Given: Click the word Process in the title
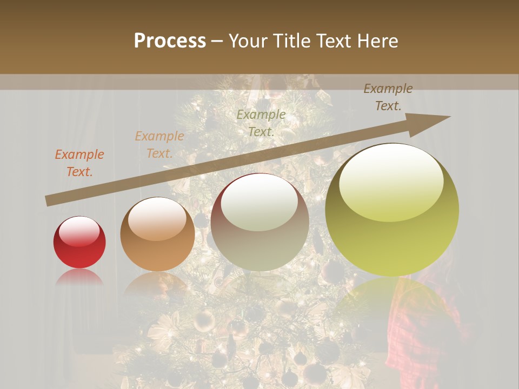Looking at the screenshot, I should pos(170,41).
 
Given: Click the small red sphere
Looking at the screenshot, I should pos(79,243).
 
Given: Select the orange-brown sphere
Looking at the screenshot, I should pos(157,234).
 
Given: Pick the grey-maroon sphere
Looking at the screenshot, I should pos(259,222).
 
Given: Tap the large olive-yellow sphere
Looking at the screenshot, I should pos(392,210).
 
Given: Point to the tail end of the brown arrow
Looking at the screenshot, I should pos(48,200).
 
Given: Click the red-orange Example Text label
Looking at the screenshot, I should pos(79,163).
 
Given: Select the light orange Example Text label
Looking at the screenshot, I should pos(159,145).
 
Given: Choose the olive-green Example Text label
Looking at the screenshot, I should pos(261,123).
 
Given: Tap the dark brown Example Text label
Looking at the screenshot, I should pos(388,97).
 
